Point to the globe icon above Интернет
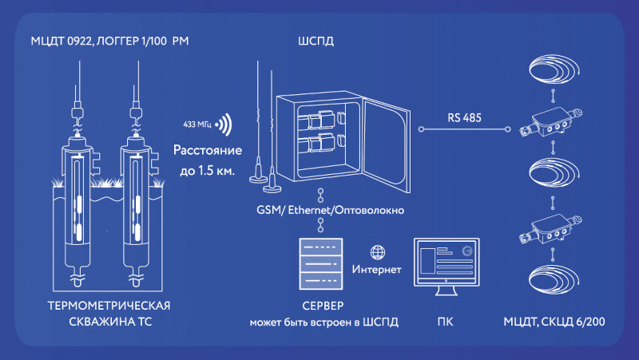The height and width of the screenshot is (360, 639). (380, 251)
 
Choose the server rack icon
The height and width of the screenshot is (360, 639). (323, 264)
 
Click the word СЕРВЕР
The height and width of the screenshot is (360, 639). (323, 307)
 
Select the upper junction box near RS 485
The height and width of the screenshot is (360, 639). (551, 121)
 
